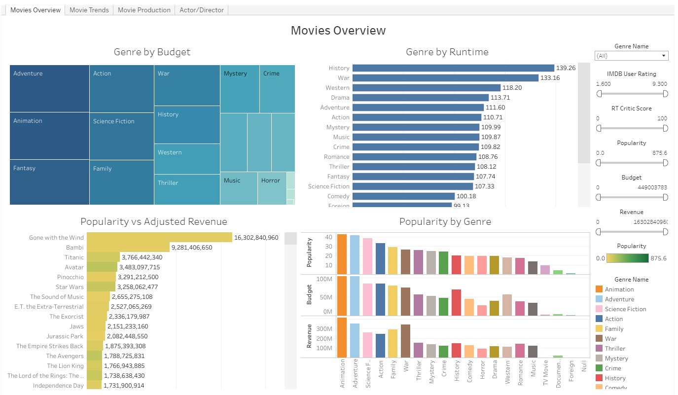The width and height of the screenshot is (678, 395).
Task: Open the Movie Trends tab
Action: pyautogui.click(x=89, y=10)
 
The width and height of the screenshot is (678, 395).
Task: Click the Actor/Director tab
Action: pyautogui.click(x=201, y=10)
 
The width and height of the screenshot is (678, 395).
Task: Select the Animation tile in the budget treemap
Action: pyautogui.click(x=49, y=136)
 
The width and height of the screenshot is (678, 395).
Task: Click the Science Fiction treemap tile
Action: pyautogui.click(x=121, y=136)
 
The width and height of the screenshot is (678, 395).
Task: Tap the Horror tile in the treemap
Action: pyautogui.click(x=272, y=188)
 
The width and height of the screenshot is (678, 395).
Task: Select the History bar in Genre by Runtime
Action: pyautogui.click(x=453, y=68)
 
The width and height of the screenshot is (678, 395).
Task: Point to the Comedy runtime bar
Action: pyautogui.click(x=403, y=196)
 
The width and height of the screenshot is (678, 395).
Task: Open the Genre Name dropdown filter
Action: pyautogui.click(x=631, y=56)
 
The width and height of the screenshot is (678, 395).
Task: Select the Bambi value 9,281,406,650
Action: pyautogui.click(x=191, y=248)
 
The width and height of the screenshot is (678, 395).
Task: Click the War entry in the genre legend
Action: pyautogui.click(x=610, y=339)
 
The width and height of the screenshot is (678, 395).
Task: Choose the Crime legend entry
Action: pyautogui.click(x=612, y=368)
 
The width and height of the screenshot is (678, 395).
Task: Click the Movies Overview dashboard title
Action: pyautogui.click(x=338, y=31)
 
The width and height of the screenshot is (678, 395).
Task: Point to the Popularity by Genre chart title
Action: pyautogui.click(x=445, y=222)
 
